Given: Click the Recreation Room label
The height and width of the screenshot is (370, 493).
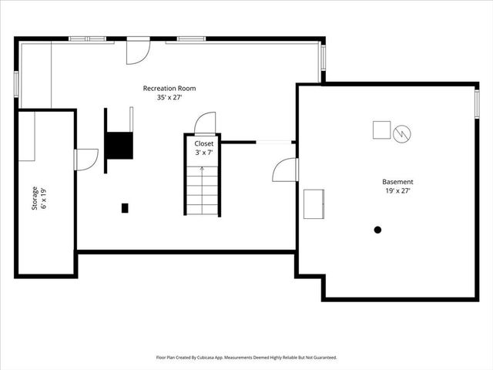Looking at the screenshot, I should point(169,89).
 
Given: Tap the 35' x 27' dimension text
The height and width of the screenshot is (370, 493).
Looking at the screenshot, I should point(169,98).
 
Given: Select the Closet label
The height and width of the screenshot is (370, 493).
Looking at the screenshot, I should point(204,143).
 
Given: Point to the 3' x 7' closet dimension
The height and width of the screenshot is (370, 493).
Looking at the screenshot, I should point(204,153).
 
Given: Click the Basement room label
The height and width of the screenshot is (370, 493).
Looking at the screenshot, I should point(399,181).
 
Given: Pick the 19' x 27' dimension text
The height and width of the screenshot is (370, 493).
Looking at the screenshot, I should point(399,190).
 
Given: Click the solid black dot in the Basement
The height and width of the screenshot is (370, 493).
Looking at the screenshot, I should point(377,230).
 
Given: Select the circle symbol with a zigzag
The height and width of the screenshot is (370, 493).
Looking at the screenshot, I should point(401,134).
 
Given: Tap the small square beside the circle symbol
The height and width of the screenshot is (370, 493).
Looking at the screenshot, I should point(381,130).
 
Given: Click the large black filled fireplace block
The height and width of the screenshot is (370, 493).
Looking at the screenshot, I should point(119,145).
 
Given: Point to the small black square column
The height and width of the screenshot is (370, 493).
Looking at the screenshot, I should point(125,207).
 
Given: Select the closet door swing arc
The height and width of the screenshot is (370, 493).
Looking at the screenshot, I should point(206,123).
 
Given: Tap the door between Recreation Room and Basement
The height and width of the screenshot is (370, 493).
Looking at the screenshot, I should point(284,170).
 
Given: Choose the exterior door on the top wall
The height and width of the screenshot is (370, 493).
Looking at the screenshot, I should point(138,52).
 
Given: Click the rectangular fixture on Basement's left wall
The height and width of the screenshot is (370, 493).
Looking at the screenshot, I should point(314,203).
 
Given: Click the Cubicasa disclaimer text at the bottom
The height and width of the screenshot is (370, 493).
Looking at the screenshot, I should point(246,358).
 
